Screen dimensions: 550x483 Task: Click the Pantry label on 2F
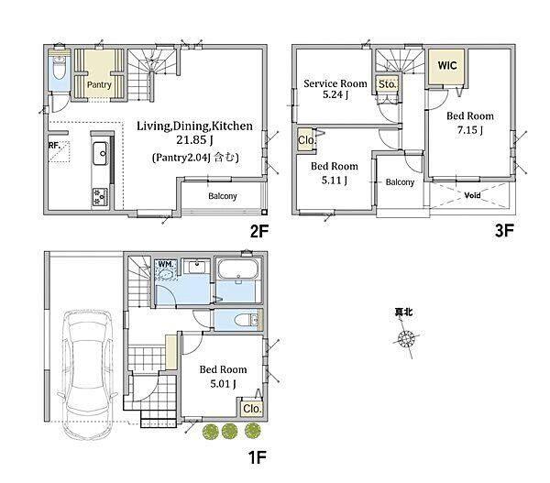click(x=99, y=84)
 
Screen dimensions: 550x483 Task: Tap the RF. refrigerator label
click(x=54, y=145)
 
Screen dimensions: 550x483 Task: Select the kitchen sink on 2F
click(x=100, y=153)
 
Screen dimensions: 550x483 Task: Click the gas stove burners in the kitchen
click(x=100, y=197)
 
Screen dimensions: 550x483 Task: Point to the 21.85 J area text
click(x=194, y=140)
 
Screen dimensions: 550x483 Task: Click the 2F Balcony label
click(x=223, y=196)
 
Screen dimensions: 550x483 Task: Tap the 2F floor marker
click(x=259, y=231)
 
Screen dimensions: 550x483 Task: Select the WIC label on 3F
click(x=447, y=66)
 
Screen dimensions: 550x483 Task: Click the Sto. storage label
click(x=387, y=84)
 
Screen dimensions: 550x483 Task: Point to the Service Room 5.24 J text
click(x=335, y=89)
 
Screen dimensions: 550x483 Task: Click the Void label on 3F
click(x=472, y=195)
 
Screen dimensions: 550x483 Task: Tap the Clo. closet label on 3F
click(x=306, y=140)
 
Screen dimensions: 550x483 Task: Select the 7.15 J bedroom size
click(x=469, y=130)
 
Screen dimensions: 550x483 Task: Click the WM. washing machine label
click(x=166, y=264)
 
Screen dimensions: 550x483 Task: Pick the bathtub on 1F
click(x=238, y=269)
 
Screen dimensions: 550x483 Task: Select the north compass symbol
click(x=406, y=339)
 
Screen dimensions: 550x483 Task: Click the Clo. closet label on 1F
click(x=252, y=409)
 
